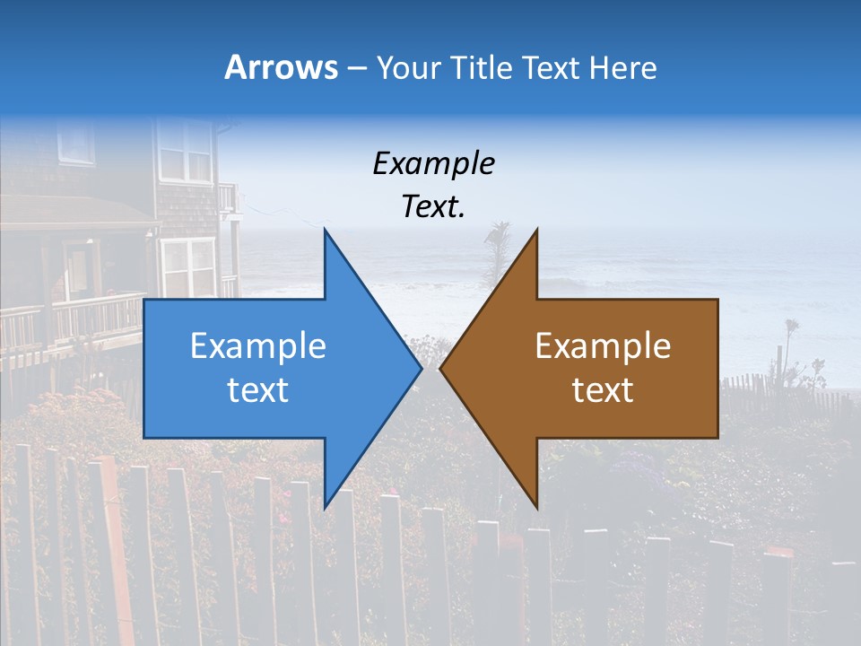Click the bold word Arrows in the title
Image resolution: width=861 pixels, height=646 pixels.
[281, 67]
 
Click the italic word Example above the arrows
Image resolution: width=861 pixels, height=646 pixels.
[433, 164]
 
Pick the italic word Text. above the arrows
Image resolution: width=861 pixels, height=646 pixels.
[433, 207]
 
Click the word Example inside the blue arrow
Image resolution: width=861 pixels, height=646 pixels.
[258, 346]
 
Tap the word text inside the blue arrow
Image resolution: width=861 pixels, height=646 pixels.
[258, 390]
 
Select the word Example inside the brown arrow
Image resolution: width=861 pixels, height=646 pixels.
[603, 346]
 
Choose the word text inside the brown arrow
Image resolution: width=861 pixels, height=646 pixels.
[603, 390]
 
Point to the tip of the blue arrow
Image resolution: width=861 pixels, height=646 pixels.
[421, 368]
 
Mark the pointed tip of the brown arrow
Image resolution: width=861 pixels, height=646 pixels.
[441, 368]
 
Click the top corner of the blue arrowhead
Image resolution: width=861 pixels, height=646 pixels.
[325, 230]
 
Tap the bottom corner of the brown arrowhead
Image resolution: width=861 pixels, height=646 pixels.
[536, 507]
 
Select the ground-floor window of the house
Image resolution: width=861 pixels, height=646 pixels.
[187, 267]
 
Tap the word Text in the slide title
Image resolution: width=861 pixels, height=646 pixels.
[549, 67]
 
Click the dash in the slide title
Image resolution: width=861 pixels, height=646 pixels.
[355, 68]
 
